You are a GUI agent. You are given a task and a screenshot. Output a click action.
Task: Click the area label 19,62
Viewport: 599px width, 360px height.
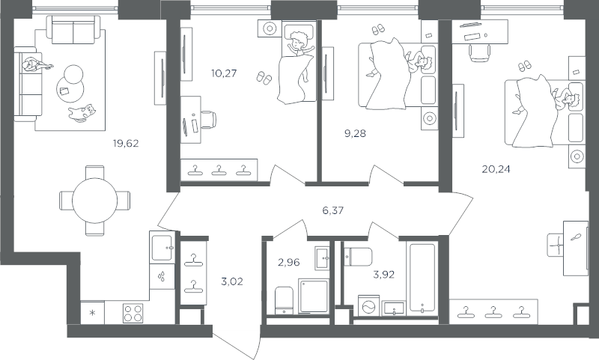126,144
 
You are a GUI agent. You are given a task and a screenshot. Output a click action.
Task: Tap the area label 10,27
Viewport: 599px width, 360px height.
224,73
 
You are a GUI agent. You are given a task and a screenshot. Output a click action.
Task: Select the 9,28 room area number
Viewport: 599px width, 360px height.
355,133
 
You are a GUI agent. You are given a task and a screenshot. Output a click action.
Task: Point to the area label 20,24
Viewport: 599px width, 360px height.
496,168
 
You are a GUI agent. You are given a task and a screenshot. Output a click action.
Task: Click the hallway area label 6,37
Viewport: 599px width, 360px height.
332,210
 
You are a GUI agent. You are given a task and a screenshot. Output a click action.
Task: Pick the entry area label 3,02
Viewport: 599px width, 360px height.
232,281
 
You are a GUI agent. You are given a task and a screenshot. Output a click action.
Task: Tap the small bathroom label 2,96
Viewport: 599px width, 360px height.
289,262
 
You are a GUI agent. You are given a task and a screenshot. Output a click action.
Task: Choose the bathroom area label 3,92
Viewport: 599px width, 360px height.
383,275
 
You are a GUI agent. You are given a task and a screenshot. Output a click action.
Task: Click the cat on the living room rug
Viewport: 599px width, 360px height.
82,113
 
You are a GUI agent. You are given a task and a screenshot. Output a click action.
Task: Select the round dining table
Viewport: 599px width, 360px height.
95,201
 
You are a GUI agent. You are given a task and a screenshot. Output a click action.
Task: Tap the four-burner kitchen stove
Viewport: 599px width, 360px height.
133,313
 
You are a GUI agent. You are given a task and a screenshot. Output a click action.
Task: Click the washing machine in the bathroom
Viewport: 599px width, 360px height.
368,306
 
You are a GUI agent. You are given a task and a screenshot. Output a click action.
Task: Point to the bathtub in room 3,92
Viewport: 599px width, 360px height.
422,278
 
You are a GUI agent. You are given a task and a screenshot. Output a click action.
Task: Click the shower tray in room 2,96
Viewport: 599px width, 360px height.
314,296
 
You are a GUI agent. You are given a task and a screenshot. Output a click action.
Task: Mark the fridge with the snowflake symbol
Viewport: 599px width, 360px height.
92,313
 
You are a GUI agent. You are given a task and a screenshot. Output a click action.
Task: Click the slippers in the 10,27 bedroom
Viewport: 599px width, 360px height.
264,78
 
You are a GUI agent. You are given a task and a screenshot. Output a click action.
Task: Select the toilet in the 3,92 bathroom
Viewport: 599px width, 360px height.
359,257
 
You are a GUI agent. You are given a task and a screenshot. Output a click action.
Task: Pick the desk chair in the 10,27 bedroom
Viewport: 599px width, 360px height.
208,120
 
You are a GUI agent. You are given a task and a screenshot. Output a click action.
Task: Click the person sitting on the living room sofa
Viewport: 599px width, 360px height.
36,65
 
